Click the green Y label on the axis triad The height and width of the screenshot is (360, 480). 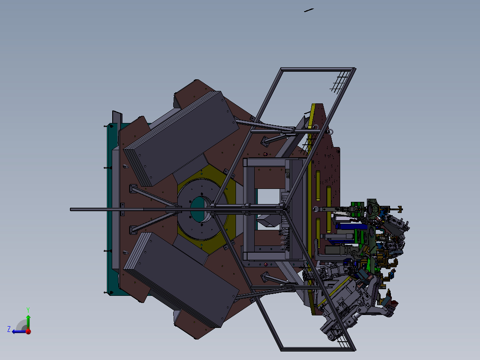[28, 310]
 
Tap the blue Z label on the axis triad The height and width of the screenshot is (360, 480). [9, 329]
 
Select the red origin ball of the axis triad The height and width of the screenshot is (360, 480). [28, 331]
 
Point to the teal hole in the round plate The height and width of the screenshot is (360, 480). [198, 209]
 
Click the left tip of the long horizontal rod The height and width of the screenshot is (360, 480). [71, 209]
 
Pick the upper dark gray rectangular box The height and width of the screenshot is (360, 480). [181, 139]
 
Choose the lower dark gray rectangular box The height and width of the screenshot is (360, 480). [181, 279]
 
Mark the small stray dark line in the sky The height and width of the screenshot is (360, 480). [309, 10]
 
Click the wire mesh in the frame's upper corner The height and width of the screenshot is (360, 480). [340, 82]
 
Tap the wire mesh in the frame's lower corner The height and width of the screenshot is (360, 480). [342, 339]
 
